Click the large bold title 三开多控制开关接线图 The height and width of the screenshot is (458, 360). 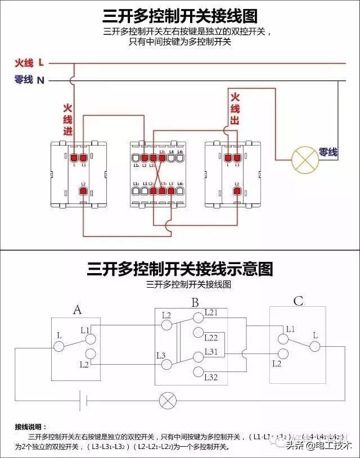180,15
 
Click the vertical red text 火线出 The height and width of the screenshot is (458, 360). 235,108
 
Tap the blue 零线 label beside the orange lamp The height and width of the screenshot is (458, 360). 328,152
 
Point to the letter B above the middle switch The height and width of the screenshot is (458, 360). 195,303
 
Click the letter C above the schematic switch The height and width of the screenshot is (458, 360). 298,302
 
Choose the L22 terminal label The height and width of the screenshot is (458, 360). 211,338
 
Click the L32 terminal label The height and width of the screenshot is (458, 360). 211,377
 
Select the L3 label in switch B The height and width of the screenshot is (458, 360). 160,355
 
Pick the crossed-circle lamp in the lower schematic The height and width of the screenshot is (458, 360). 167,400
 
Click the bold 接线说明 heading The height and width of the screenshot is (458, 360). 34,427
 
